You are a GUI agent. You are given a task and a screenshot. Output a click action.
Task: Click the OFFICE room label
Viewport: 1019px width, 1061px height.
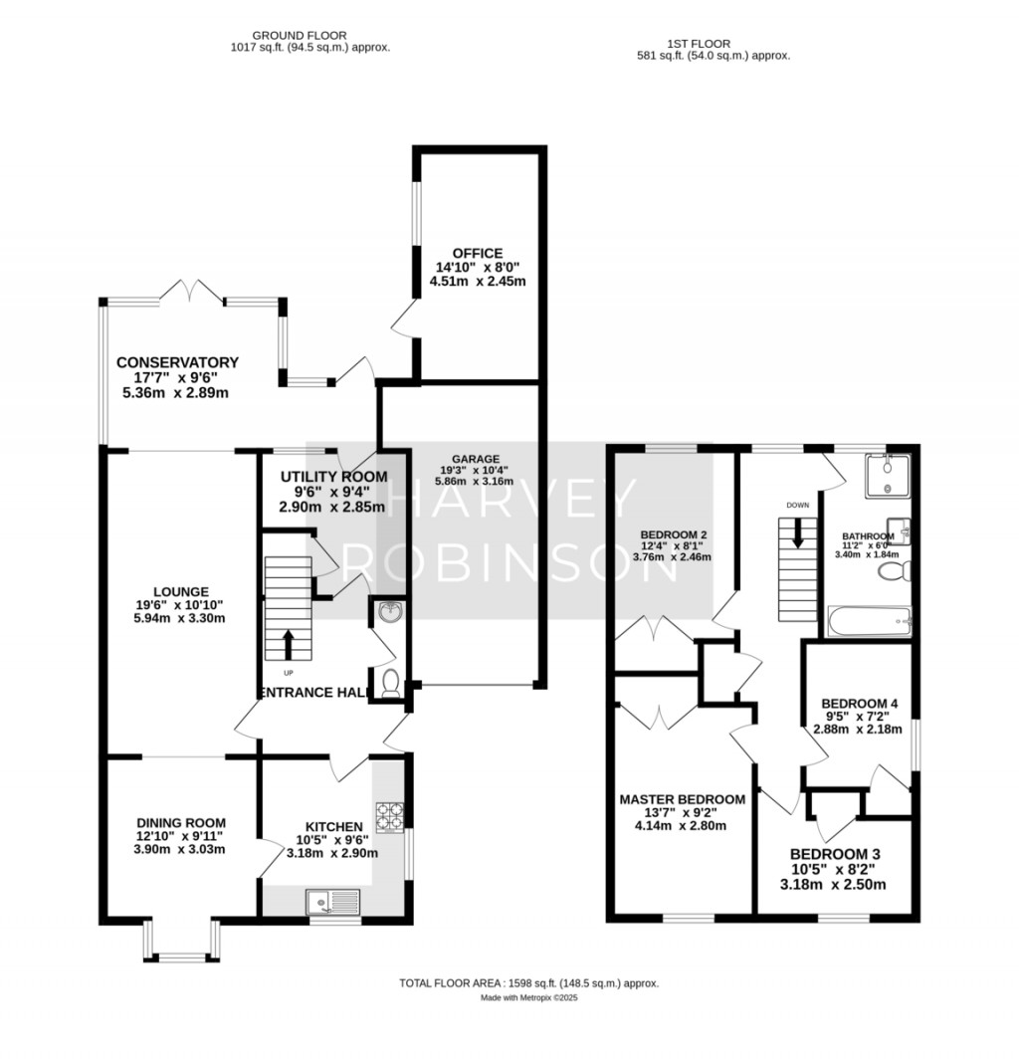click(477, 254)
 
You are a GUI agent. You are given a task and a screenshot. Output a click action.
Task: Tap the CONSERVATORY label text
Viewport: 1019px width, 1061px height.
click(177, 362)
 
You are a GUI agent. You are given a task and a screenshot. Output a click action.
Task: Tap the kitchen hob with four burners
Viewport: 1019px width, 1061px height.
click(389, 816)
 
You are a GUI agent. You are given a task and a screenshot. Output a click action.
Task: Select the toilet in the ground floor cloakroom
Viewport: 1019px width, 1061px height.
click(390, 683)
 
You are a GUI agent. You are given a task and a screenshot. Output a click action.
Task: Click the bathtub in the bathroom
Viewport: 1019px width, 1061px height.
click(869, 622)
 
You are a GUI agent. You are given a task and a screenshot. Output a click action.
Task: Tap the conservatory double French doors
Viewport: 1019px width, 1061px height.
click(190, 294)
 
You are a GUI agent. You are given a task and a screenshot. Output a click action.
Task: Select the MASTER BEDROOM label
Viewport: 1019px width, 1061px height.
click(682, 799)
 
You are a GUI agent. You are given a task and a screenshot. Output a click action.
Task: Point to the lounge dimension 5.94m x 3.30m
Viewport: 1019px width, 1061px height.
click(175, 618)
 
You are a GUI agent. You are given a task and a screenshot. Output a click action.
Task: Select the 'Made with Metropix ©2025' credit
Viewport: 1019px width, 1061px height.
click(528, 997)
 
